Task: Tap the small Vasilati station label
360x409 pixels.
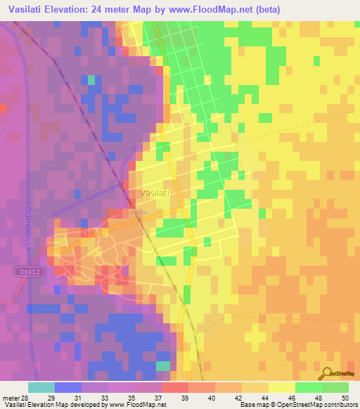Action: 139,212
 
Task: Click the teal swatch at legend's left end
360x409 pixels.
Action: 41,387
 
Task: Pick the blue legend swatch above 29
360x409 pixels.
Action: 68,387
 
